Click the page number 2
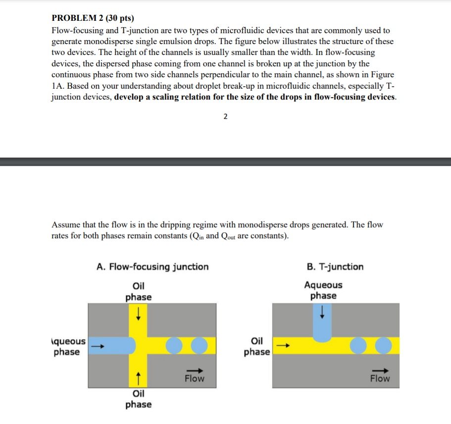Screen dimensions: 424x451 [x=225, y=117]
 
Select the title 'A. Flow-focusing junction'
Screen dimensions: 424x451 [x=152, y=267]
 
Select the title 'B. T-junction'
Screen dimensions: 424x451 [x=335, y=267]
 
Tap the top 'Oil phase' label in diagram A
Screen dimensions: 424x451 [x=138, y=291]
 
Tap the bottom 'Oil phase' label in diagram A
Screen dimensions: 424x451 [x=138, y=399]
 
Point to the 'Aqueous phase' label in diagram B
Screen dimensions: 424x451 [x=323, y=290]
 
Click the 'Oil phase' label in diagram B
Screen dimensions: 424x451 [x=257, y=346]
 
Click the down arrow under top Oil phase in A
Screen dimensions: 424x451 [x=139, y=314]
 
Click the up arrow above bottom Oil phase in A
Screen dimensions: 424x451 [x=139, y=378]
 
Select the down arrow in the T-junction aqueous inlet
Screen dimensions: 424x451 [x=323, y=312]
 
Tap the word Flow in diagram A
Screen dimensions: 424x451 [x=194, y=379]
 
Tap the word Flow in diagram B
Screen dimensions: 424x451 [x=380, y=379]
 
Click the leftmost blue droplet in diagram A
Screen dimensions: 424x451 [x=174, y=346]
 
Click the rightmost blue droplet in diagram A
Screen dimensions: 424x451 [x=199, y=346]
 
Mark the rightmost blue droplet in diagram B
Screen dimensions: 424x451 [x=383, y=346]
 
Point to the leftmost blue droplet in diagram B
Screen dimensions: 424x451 [x=358, y=346]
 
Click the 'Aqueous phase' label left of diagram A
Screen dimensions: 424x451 [x=68, y=347]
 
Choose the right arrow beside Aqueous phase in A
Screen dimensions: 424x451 [x=99, y=346]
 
